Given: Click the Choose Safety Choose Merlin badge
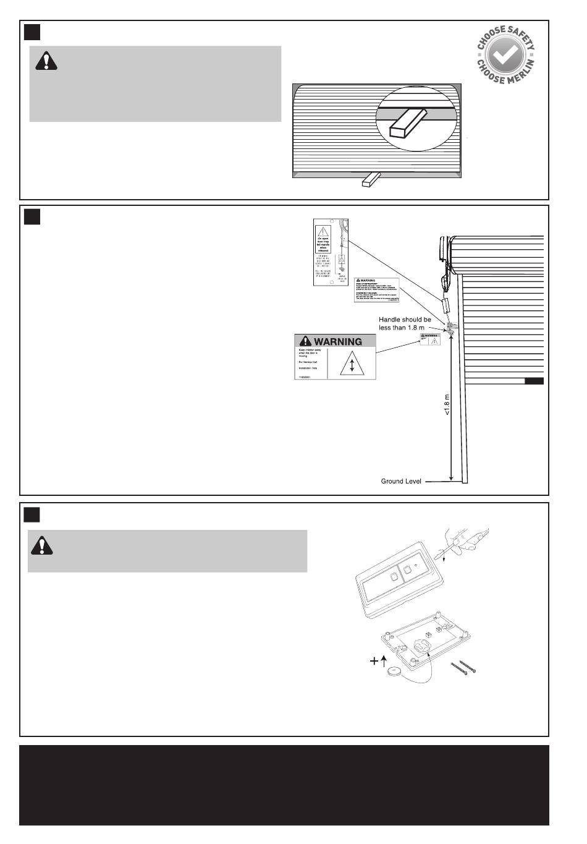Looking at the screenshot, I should (505, 56).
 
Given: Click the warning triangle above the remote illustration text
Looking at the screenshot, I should (42, 545).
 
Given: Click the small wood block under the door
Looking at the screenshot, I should (370, 179).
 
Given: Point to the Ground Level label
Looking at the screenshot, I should (400, 481).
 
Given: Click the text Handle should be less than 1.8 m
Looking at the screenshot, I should (405, 323).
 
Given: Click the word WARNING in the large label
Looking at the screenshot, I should (337, 341).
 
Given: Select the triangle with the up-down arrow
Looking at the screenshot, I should (352, 364).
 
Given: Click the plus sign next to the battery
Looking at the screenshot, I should (374, 661).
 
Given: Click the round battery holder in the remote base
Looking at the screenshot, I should (423, 644).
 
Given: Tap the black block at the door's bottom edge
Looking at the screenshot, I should (534, 381).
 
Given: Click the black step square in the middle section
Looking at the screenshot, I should (32, 217).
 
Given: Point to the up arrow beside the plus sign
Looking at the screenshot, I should (384, 660).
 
